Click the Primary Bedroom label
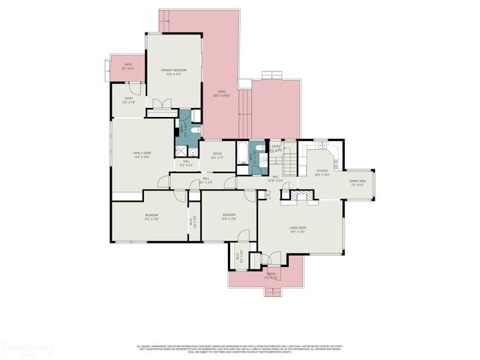coord(173,72)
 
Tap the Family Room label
coord(142,155)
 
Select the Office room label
coord(217,156)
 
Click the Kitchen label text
coord(322,172)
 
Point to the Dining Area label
coord(357,182)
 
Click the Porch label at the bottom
coord(270,276)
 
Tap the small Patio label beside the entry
coord(127,67)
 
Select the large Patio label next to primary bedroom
coord(221,94)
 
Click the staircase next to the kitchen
coord(289,158)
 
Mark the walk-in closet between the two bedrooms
coord(193,221)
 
